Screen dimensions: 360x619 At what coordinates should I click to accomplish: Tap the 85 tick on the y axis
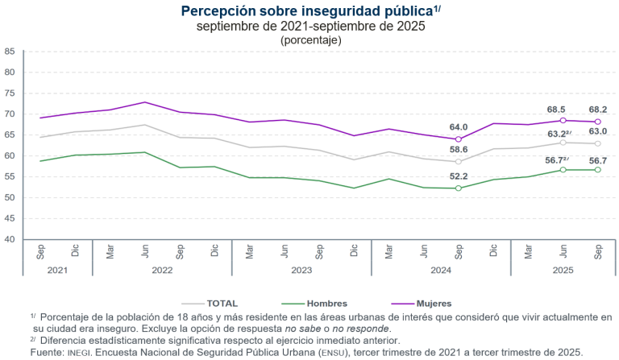(10, 51)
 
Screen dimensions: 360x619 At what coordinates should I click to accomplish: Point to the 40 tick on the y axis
(10, 239)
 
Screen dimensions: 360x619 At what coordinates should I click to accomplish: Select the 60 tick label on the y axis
(10, 155)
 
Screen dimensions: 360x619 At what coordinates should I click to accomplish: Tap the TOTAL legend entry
(222, 303)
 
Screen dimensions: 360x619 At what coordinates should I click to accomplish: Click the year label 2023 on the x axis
(301, 271)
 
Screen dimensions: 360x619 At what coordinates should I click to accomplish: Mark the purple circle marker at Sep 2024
(459, 139)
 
